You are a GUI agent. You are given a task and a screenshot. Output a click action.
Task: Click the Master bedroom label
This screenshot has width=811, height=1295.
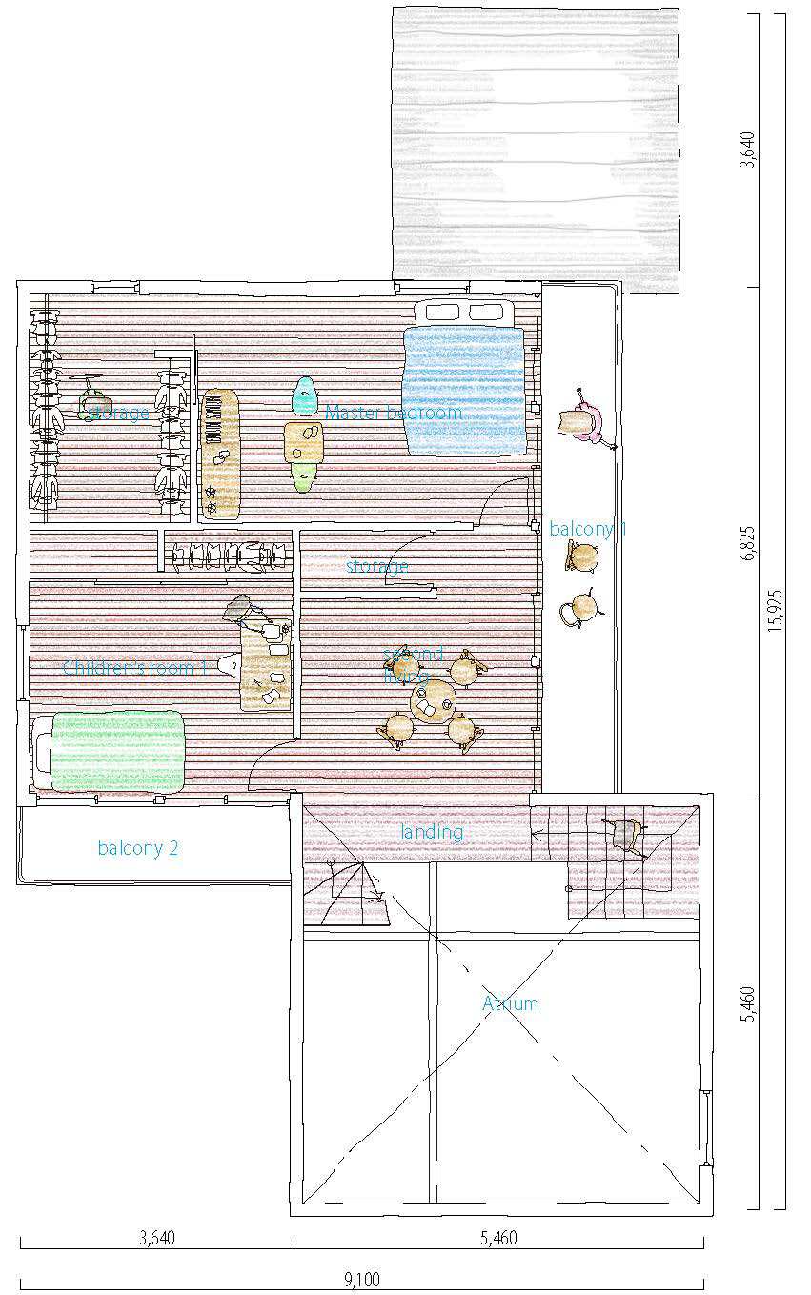[394, 413]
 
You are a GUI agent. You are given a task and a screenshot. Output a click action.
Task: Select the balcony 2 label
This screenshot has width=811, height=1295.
[137, 848]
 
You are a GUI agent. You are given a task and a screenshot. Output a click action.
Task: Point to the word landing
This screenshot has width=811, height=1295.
[432, 832]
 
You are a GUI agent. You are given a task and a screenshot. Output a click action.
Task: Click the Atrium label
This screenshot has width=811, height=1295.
[510, 1003]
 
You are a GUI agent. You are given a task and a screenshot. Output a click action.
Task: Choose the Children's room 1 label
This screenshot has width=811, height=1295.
[134, 667]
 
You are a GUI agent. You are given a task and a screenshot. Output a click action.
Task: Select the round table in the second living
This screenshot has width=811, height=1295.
[434, 701]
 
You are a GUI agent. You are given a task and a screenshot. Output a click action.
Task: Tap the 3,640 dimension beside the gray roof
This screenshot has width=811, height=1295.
[748, 150]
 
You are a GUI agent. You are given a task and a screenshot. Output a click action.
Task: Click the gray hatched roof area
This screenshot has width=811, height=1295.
[536, 143]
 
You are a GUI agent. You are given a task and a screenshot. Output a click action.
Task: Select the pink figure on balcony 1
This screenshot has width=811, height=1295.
[584, 420]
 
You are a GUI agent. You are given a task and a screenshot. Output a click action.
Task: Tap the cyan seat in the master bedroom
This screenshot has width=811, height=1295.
[304, 395]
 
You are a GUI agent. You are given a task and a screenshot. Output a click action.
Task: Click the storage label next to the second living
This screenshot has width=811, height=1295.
[377, 567]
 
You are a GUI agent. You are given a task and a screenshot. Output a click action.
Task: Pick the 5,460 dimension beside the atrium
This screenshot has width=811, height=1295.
[748, 1004]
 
